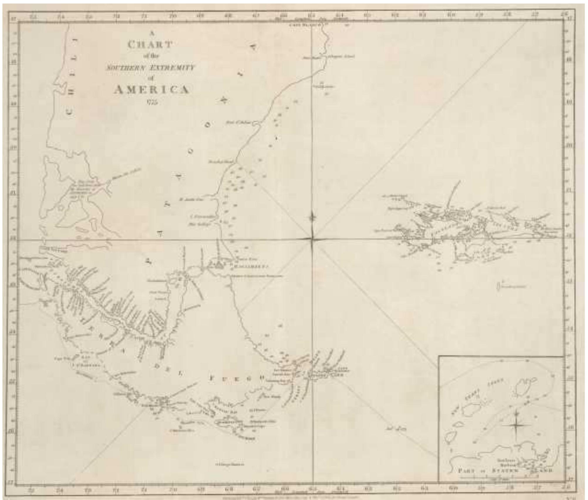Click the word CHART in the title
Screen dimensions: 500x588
pyautogui.click(x=150, y=45)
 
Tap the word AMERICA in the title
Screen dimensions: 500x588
pyautogui.click(x=151, y=90)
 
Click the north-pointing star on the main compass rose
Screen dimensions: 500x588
pyautogui.click(x=312, y=218)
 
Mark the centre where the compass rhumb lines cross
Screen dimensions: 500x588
pyautogui.click(x=312, y=239)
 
